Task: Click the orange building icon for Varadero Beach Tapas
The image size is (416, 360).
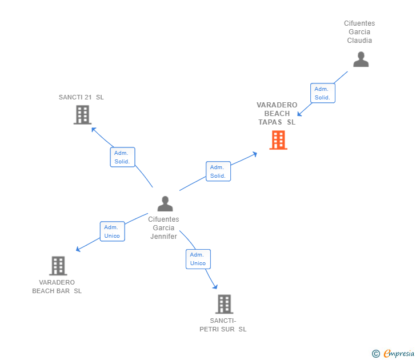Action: (x=278, y=140)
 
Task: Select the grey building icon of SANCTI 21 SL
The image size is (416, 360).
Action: (x=83, y=115)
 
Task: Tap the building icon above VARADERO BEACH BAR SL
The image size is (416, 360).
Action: (x=58, y=266)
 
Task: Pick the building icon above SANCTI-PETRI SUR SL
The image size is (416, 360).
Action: (x=225, y=304)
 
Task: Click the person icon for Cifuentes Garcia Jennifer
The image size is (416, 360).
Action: (x=165, y=203)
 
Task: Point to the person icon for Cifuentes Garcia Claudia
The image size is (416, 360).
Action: (x=361, y=59)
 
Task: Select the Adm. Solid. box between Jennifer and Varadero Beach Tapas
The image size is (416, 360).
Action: (x=218, y=171)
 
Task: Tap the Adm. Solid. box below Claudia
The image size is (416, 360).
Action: (x=322, y=93)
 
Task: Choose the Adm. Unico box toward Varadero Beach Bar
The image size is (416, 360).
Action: (x=112, y=231)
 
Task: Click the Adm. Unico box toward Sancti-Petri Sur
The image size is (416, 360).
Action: (x=198, y=259)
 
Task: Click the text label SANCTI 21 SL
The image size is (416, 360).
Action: (x=81, y=97)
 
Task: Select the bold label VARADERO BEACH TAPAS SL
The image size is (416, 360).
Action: (x=277, y=113)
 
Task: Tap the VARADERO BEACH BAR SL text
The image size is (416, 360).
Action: (x=57, y=286)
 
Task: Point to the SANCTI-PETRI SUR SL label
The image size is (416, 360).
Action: (x=223, y=325)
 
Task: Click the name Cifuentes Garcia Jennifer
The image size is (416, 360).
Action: (x=163, y=227)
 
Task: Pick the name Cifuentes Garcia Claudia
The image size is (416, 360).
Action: (x=359, y=32)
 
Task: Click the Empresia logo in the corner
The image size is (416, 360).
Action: (x=399, y=353)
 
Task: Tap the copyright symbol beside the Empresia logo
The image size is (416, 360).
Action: (x=375, y=354)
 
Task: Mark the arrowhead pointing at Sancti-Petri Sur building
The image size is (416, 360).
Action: (x=215, y=286)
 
